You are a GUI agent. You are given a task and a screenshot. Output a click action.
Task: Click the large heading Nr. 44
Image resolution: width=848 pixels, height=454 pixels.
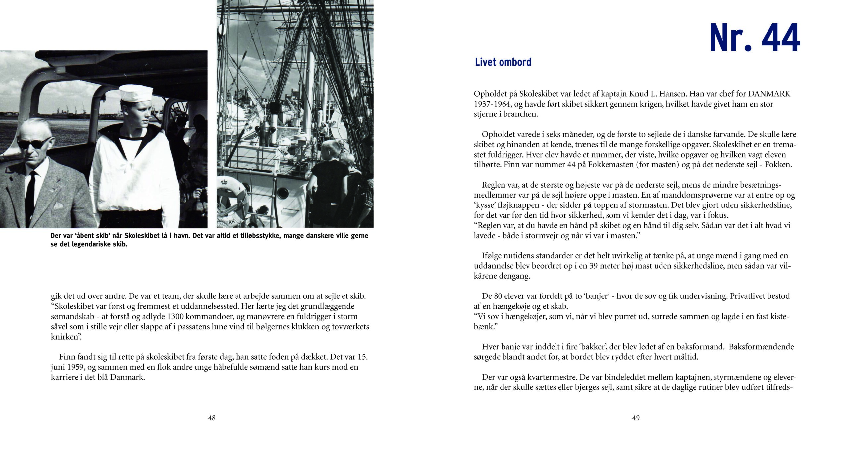[x=754, y=38]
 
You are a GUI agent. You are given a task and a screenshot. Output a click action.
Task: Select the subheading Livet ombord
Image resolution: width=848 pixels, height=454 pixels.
[x=503, y=62]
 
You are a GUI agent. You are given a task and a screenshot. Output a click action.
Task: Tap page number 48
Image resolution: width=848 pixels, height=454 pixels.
[x=212, y=418]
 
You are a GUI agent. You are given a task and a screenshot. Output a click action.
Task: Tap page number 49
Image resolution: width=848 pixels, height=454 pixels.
[x=636, y=418]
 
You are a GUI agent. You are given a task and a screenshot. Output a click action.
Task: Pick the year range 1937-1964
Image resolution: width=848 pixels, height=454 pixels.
[x=491, y=104]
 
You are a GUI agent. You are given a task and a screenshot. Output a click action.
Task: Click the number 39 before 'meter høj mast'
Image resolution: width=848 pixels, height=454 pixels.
[x=593, y=266]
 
